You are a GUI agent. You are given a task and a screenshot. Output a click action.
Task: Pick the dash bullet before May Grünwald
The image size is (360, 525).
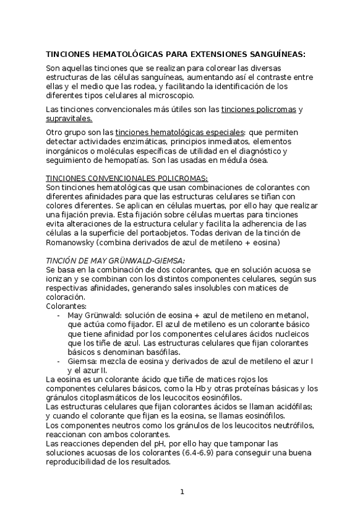tap(58, 315)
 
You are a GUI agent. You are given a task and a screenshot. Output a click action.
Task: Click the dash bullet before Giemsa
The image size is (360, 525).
tap(58, 361)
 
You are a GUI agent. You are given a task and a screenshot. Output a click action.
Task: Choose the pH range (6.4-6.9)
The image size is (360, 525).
tap(214, 453)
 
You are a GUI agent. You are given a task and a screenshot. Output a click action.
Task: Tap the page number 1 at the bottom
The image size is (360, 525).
tap(182, 492)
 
